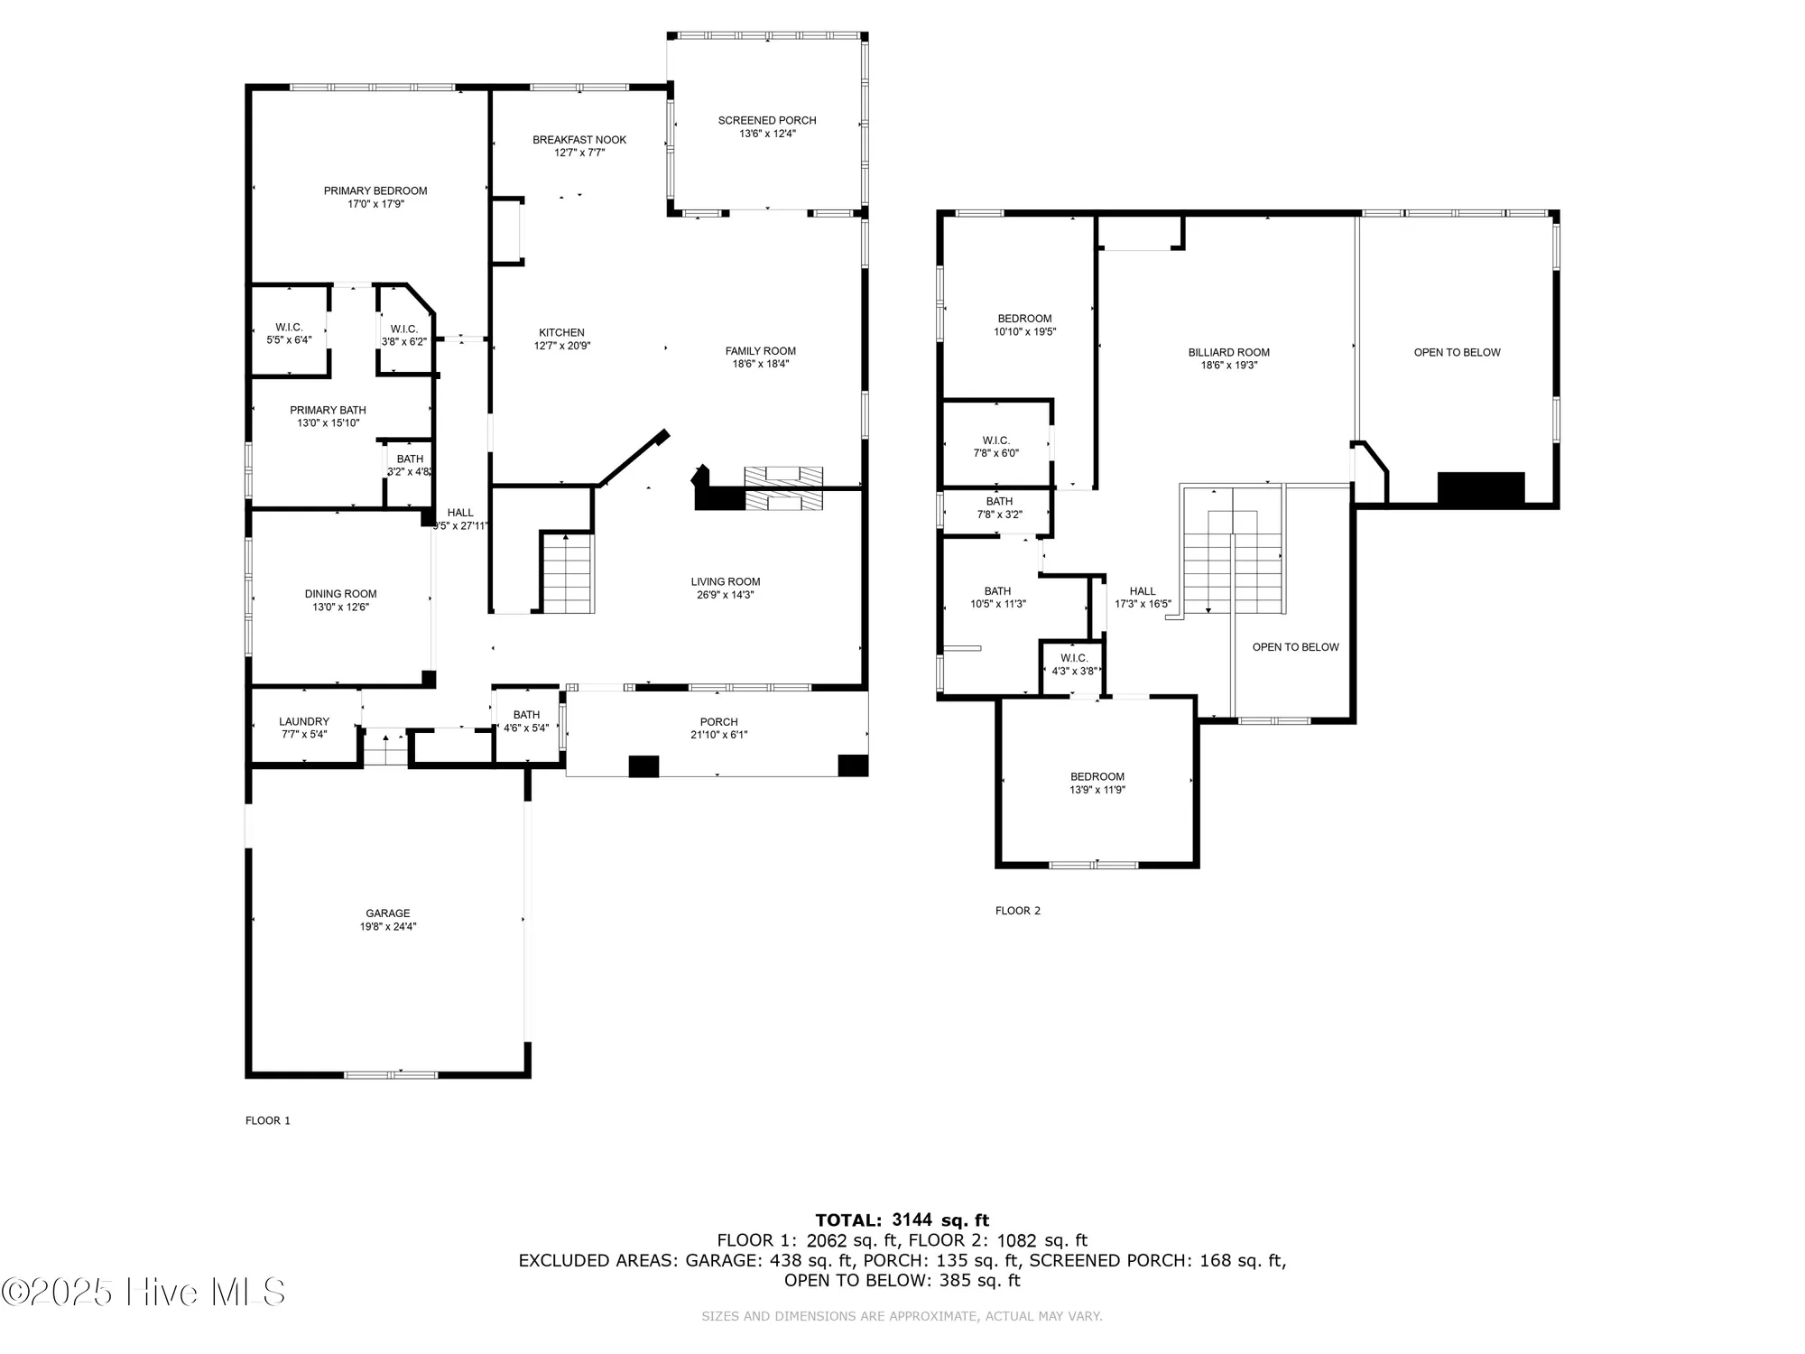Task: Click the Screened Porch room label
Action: pyautogui.click(x=767, y=121)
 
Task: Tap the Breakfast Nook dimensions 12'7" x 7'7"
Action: pyautogui.click(x=579, y=153)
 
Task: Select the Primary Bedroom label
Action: pyautogui.click(x=375, y=191)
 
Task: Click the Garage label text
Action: pyautogui.click(x=388, y=913)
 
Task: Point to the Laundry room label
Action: pyautogui.click(x=304, y=722)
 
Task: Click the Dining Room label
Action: pyautogui.click(x=340, y=594)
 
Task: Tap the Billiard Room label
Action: pyautogui.click(x=1228, y=353)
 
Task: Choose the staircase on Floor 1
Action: pyautogui.click(x=568, y=574)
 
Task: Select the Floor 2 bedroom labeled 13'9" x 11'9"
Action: pyautogui.click(x=1097, y=784)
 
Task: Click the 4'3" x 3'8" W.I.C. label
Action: pyautogui.click(x=1074, y=665)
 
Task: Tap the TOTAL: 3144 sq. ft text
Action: pyautogui.click(x=902, y=1220)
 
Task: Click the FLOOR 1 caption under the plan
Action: pyautogui.click(x=268, y=1120)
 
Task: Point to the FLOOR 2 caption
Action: pyautogui.click(x=1018, y=911)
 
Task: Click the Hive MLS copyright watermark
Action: pyautogui.click(x=144, y=1292)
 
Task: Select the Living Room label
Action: pyautogui.click(x=726, y=582)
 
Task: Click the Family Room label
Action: pyautogui.click(x=761, y=351)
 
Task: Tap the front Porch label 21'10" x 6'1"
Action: pyautogui.click(x=718, y=728)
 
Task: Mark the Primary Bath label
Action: pyautogui.click(x=328, y=410)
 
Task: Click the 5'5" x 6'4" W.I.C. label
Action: pyautogui.click(x=289, y=334)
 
